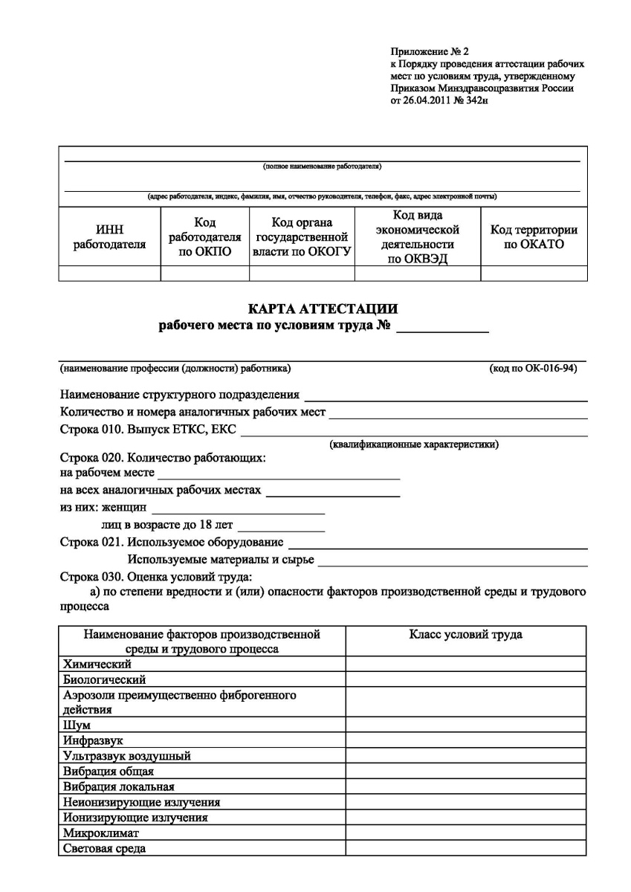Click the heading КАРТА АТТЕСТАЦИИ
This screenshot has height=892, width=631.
323,308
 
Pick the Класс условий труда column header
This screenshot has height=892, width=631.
465,635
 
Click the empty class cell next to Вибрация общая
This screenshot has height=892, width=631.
465,772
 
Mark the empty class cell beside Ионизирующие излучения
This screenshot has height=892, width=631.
465,818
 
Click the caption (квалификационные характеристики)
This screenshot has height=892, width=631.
414,445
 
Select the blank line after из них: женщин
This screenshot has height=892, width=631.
237,511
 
